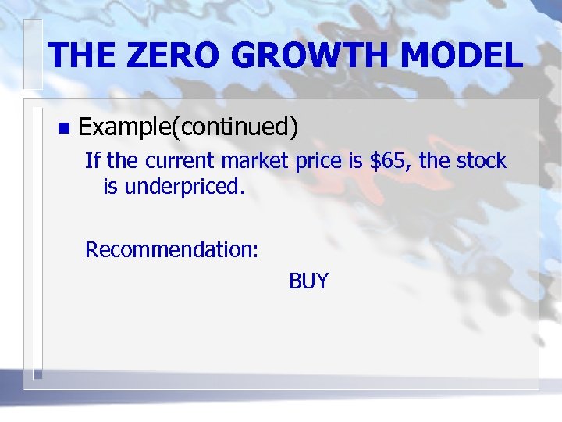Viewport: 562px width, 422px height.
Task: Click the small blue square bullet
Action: click(63, 127)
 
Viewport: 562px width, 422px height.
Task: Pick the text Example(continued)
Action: click(189, 126)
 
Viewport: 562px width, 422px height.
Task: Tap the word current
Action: click(178, 162)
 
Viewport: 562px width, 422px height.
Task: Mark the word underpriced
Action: click(187, 187)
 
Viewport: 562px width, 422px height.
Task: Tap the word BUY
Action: click(308, 281)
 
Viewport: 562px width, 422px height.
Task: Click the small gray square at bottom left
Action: click(37, 374)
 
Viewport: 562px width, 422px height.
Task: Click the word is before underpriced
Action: click(110, 187)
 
